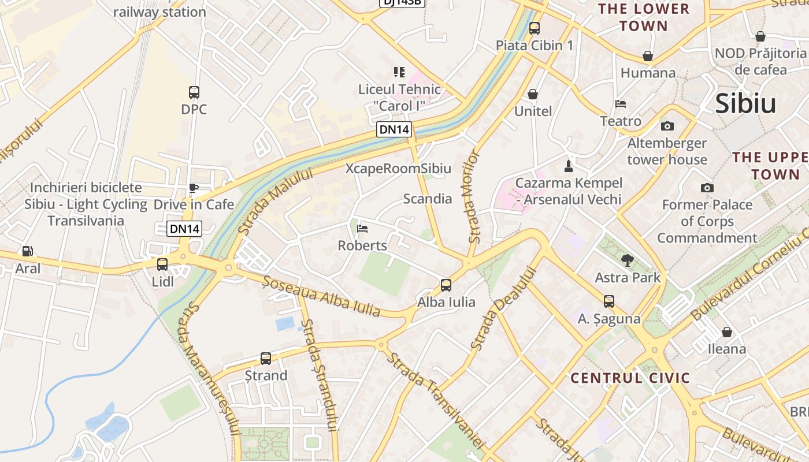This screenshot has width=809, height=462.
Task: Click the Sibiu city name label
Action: [745, 104]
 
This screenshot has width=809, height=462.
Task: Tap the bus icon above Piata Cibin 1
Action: [535, 28]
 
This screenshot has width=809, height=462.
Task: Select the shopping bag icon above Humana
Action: [648, 56]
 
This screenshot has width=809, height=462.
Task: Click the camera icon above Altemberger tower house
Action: [667, 126]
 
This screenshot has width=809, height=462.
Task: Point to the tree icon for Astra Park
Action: [627, 260]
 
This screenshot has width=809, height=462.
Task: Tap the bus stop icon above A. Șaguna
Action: [609, 301]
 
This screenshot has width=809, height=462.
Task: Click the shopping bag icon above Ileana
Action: [727, 332]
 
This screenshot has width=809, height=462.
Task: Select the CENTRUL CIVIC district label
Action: [630, 378]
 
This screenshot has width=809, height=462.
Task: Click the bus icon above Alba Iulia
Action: [446, 285]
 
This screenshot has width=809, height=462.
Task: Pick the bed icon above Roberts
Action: [362, 229]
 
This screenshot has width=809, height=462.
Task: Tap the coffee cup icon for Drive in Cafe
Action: [194, 188]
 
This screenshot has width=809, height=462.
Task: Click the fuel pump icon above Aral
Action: [27, 251]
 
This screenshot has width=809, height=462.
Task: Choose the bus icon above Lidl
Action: [162, 264]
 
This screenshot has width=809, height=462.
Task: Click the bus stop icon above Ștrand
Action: [266, 359]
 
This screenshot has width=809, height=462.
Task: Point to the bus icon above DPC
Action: [194, 92]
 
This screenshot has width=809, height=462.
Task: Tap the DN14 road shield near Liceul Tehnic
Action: [394, 129]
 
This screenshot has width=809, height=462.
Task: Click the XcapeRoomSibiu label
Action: [398, 169]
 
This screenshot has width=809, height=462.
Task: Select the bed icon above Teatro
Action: [621, 105]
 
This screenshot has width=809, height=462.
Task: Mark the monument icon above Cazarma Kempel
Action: [569, 166]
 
